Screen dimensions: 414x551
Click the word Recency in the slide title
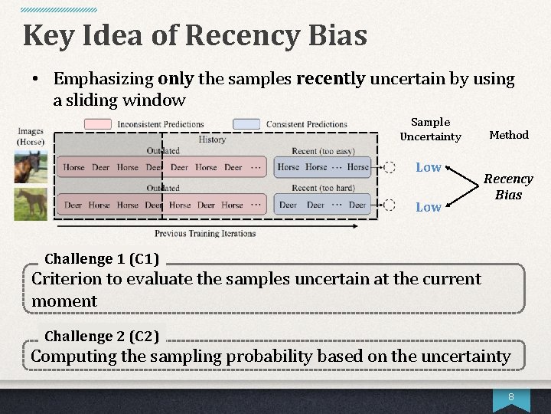pos(243,35)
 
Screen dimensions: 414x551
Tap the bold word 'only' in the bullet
pos(175,78)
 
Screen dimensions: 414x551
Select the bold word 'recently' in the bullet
pos(330,78)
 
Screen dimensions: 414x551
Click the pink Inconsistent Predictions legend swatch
pos(99,123)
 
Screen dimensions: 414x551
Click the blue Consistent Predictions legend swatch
pos(246,123)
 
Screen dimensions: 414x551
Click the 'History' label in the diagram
pos(212,140)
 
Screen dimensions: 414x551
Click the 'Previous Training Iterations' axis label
pos(205,233)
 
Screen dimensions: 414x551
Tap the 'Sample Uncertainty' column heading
pos(430,129)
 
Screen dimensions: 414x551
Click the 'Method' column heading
pos(509,135)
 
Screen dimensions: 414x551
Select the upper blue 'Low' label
pos(428,167)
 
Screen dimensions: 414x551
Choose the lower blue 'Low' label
pos(428,207)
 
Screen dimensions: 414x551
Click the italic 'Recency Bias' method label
pos(508,186)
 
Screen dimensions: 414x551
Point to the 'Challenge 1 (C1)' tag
pos(102,259)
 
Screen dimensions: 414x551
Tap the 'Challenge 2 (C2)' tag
pos(102,336)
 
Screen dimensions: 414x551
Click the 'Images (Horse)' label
pos(31,136)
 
